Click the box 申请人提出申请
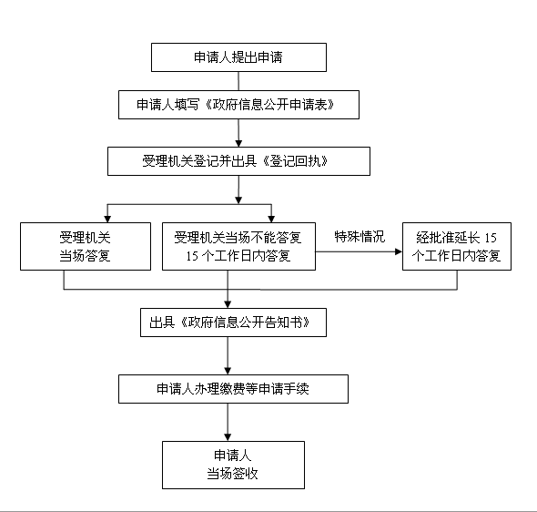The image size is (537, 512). [238, 57]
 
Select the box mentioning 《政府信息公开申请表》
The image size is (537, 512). [238, 105]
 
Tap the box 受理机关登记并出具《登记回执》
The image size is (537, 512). [238, 161]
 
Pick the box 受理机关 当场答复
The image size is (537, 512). [86, 246]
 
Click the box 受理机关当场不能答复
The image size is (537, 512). [238, 246]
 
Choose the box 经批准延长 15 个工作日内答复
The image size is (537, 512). [457, 246]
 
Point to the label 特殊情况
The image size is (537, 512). [360, 237]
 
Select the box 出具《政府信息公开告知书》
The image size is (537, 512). [233, 323]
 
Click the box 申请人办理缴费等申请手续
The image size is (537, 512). [233, 389]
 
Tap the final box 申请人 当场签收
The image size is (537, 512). [233, 465]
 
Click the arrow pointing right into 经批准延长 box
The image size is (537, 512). [359, 251]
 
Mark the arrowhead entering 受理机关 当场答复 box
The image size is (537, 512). [107, 219]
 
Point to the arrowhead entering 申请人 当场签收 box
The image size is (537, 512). [228, 437]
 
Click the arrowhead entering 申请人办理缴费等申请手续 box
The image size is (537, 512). [228, 371]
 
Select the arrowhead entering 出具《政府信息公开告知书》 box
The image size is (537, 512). [228, 304]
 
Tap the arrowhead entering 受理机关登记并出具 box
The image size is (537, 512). [238, 144]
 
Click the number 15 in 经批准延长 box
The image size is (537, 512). [491, 238]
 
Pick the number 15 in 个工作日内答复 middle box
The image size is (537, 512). [192, 256]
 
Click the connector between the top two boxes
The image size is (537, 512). [238, 81]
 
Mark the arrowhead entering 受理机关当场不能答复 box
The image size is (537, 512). [271, 219]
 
